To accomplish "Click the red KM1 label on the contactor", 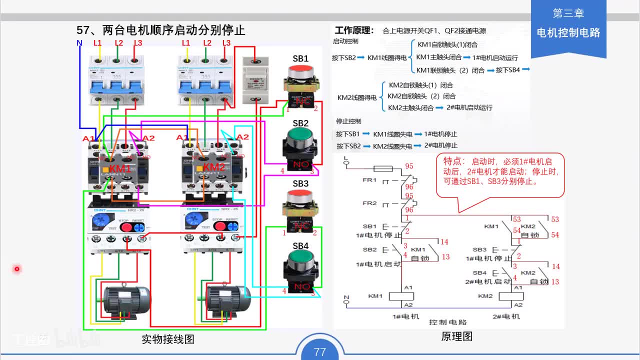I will (x=120, y=168).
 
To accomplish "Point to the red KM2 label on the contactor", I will (x=214, y=166).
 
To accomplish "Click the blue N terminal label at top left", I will (x=79, y=43).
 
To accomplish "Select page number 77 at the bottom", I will (x=320, y=351).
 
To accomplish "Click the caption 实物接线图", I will (x=167, y=339).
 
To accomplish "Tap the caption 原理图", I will (x=456, y=336).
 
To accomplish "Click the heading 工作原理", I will (x=354, y=30).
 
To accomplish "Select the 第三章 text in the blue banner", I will (x=568, y=13).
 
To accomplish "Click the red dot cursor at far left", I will (x=16, y=269).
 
